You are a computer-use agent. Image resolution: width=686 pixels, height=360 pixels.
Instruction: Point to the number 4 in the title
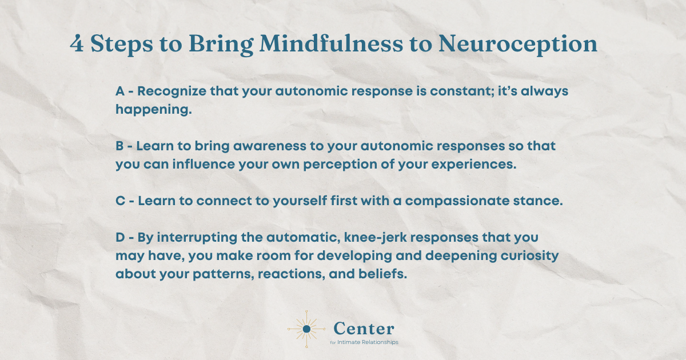pos(76,45)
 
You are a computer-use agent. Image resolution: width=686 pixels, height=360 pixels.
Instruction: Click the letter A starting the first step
pos(120,92)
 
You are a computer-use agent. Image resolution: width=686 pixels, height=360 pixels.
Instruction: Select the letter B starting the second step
pos(120,146)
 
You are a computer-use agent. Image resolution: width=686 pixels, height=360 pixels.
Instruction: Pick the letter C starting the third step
pos(120,201)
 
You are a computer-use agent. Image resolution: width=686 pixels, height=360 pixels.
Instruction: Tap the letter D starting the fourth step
pos(120,237)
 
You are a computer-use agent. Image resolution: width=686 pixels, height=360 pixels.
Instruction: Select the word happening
pos(153,110)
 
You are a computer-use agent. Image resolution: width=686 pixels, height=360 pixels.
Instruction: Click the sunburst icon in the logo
pos(306,329)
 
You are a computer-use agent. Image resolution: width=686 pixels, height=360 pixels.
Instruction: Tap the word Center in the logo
pos(363,328)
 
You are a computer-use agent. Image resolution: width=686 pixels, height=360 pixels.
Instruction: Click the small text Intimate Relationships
pos(369,342)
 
